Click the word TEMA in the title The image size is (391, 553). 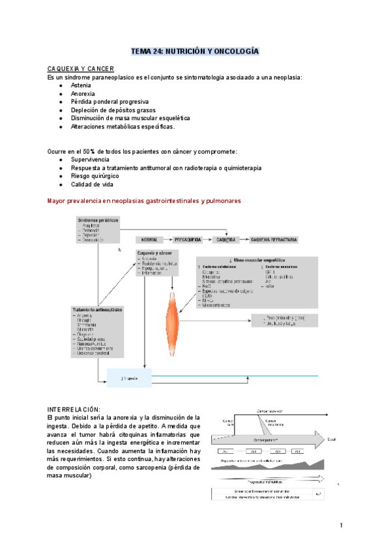pyautogui.click(x=141, y=50)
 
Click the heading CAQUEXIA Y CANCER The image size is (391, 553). pyautogui.click(x=81, y=68)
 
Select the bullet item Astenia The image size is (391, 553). pyautogui.click(x=81, y=85)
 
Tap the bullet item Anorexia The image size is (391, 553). pyautogui.click(x=83, y=94)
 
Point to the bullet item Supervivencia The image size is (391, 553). pyautogui.click(x=91, y=159)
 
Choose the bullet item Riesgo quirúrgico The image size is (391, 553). pyautogui.click(x=95, y=176)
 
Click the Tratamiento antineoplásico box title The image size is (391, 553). pyautogui.click(x=98, y=309)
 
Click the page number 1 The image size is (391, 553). pyautogui.click(x=341, y=525)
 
